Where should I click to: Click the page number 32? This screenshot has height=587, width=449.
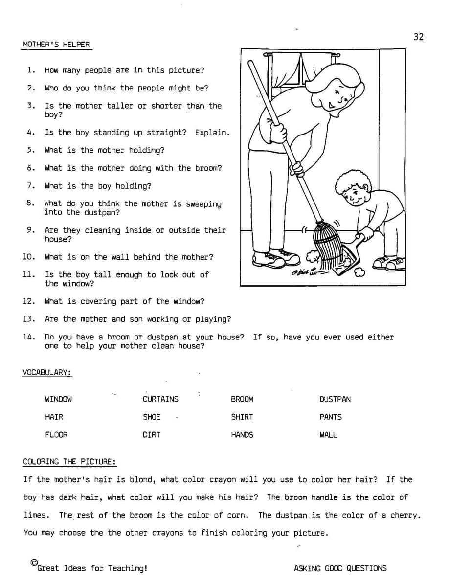pyautogui.click(x=418, y=37)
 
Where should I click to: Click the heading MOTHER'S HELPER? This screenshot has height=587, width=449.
pyautogui.click(x=56, y=45)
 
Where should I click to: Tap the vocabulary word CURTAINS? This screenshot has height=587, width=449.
pyautogui.click(x=160, y=399)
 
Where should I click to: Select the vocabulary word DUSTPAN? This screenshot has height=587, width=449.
pyautogui.click(x=335, y=399)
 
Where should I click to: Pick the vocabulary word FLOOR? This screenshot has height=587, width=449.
pyautogui.click(x=56, y=435)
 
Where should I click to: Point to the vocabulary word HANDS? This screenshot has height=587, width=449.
pyautogui.click(x=242, y=435)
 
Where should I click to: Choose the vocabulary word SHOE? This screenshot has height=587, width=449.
pyautogui.click(x=152, y=417)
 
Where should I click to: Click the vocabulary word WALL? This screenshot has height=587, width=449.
pyautogui.click(x=328, y=435)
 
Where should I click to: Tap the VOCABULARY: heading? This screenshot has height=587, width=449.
pyautogui.click(x=47, y=373)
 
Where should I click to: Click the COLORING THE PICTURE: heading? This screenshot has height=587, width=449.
pyautogui.click(x=69, y=462)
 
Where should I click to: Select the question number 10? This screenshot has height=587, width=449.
pyautogui.click(x=29, y=257)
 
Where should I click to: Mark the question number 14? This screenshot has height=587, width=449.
pyautogui.click(x=29, y=337)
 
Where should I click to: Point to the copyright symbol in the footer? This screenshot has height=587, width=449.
pyautogui.click(x=34, y=563)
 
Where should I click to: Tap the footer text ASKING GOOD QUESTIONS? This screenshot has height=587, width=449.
pyautogui.click(x=340, y=568)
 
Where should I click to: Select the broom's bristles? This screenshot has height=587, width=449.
pyautogui.click(x=325, y=245)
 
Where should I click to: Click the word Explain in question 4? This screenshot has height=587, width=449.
pyautogui.click(x=211, y=133)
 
